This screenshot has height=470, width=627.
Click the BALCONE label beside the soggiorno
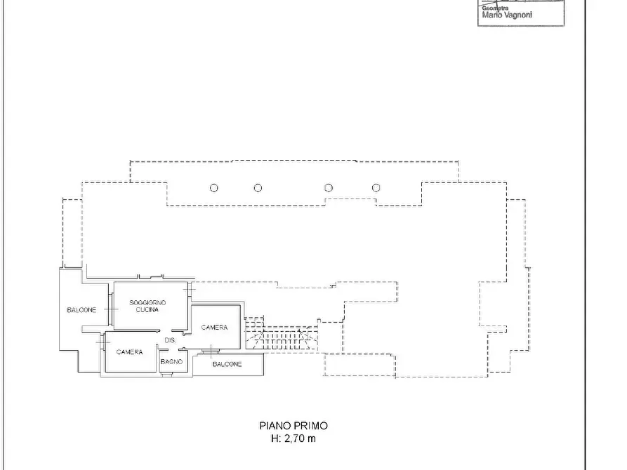(x=81, y=310)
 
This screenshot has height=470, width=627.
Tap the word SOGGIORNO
(x=147, y=303)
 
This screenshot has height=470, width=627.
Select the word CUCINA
(x=147, y=310)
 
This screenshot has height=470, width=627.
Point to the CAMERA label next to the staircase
(x=214, y=328)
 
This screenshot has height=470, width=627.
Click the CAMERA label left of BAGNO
(x=130, y=352)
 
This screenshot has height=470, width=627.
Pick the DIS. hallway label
(x=170, y=340)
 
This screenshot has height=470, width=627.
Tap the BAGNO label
(x=171, y=362)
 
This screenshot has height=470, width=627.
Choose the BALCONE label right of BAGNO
(x=227, y=364)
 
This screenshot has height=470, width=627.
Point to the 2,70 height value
(x=294, y=438)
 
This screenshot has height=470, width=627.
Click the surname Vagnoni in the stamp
(x=517, y=15)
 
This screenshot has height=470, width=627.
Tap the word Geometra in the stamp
(x=495, y=8)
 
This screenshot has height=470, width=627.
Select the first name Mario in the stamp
(x=491, y=15)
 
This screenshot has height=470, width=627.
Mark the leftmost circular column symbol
(x=214, y=188)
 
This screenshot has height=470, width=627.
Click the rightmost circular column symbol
(x=376, y=188)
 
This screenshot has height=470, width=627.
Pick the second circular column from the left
(x=258, y=188)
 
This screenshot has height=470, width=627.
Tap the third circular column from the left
(x=329, y=188)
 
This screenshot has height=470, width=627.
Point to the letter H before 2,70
(x=275, y=438)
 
